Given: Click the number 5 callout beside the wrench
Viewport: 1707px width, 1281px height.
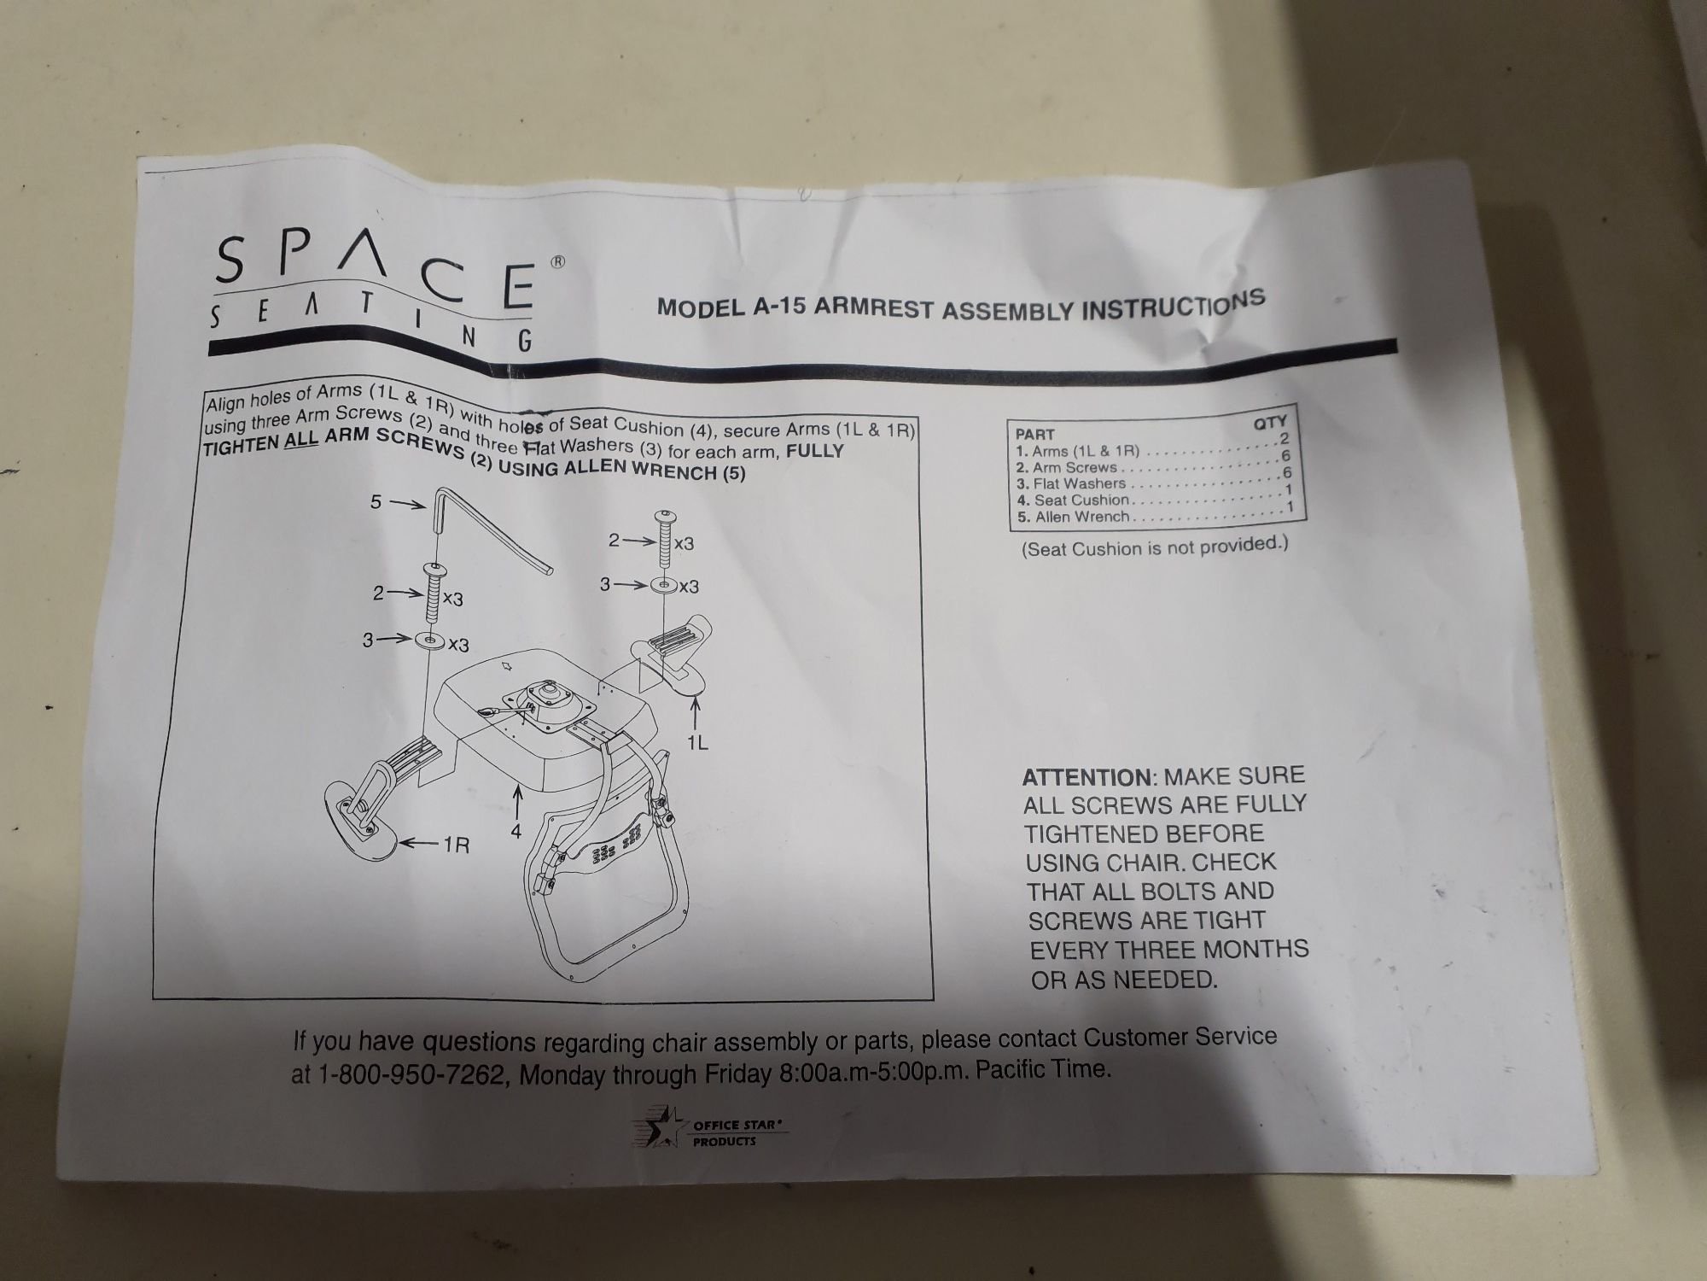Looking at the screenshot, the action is pos(376,502).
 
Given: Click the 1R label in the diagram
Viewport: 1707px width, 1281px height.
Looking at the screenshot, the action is pos(456,845).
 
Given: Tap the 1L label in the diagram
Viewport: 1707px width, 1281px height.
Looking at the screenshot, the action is pos(697,743).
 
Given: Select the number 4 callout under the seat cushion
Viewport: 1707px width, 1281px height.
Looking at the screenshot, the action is pos(516,829).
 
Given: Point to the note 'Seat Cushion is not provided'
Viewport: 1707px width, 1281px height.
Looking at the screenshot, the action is pos(1155,547).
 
